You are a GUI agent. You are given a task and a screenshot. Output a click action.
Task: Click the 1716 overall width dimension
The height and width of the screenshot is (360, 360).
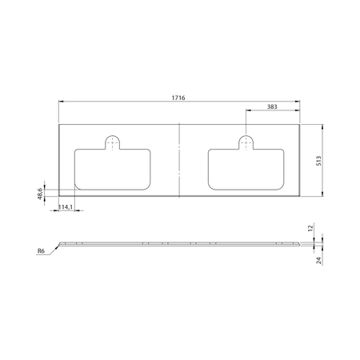[x=179, y=97]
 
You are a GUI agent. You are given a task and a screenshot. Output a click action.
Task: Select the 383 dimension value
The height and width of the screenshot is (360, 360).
[x=271, y=106]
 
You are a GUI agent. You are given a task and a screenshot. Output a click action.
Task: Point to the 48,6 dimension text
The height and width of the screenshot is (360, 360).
[x=38, y=193]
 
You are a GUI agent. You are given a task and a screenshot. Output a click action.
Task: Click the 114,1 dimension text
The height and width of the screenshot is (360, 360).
[x=67, y=207]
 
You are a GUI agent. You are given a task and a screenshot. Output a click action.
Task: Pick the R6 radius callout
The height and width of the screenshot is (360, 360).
[x=41, y=250]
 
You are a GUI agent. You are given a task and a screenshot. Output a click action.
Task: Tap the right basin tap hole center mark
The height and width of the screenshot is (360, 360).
[x=245, y=142]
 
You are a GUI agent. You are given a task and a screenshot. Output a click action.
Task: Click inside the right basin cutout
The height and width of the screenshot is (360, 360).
[x=245, y=170]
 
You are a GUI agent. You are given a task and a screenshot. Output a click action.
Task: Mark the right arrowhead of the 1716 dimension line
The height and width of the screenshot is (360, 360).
[x=298, y=102]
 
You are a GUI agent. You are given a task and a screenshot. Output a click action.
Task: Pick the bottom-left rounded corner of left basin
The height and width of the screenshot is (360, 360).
[x=78, y=186]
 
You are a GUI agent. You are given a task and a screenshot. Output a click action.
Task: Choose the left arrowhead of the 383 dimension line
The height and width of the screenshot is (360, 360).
[x=247, y=111]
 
